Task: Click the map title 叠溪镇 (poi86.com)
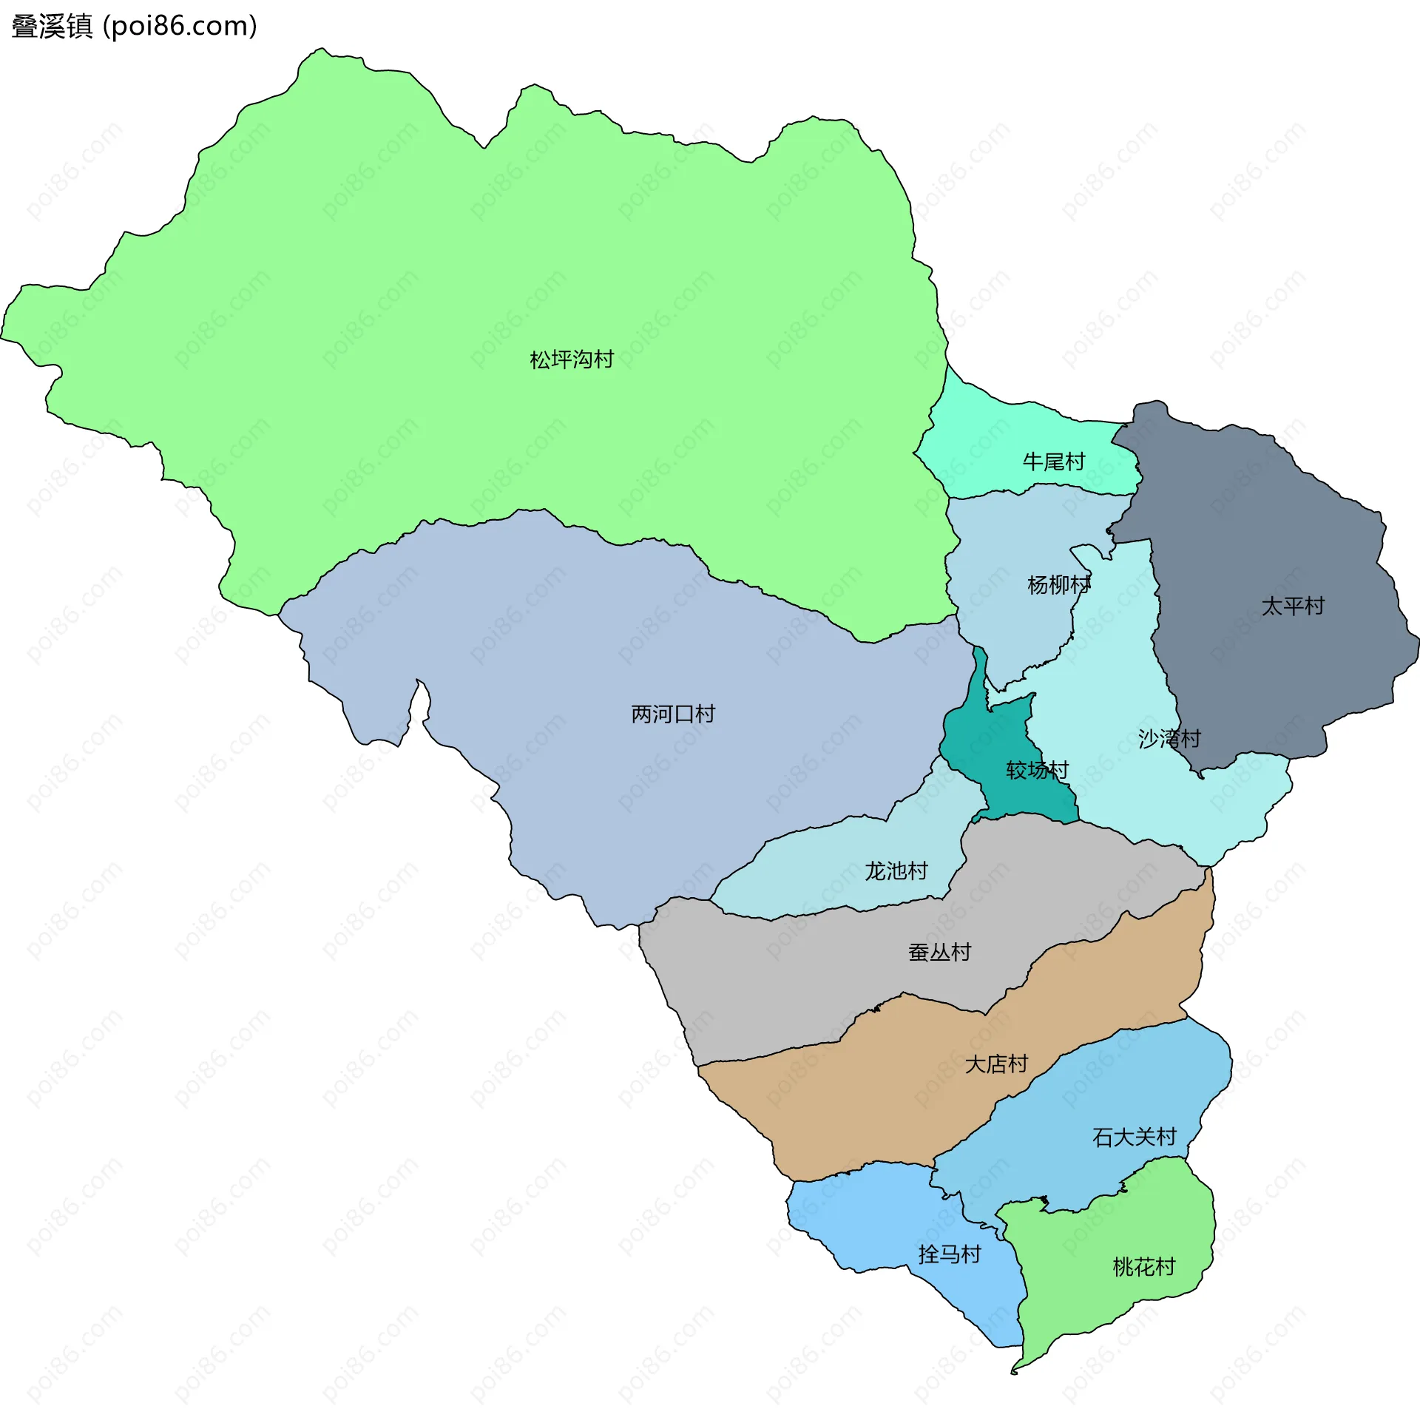(x=134, y=26)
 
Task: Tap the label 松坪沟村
(x=572, y=359)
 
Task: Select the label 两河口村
(x=672, y=714)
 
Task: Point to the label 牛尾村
(x=1053, y=462)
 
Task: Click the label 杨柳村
(x=1058, y=585)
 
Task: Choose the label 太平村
(x=1292, y=606)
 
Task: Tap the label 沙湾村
(x=1169, y=738)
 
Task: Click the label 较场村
(x=1037, y=770)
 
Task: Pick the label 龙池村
(x=896, y=871)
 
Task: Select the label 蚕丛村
(x=939, y=952)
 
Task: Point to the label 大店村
(x=996, y=1064)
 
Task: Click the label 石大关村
(x=1134, y=1137)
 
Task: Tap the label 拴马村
(x=949, y=1254)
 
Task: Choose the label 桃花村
(x=1143, y=1266)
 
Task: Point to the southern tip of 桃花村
(x=1015, y=1372)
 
